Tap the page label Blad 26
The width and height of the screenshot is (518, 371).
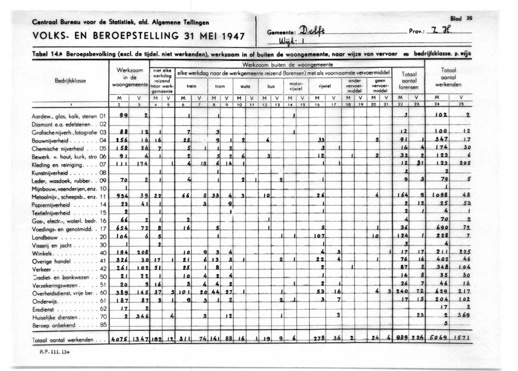click(460, 19)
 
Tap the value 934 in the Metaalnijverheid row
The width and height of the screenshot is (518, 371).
click(123, 196)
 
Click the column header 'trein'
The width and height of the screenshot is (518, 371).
click(192, 87)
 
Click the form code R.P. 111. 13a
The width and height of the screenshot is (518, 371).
click(53, 353)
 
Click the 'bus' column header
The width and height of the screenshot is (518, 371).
click(271, 87)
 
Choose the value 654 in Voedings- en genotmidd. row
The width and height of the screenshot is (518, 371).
click(123, 228)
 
